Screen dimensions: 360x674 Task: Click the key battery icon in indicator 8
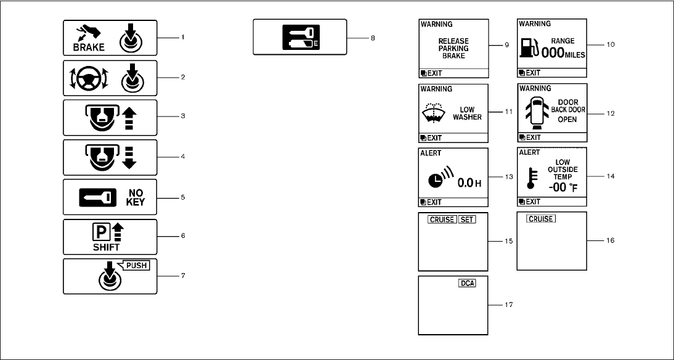coord(300,37)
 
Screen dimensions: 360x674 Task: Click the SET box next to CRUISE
coord(468,219)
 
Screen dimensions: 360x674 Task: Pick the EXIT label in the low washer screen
coord(434,137)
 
